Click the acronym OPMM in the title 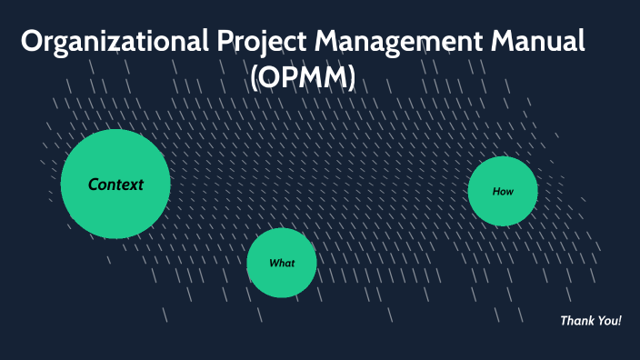point(302,78)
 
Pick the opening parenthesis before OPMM point(255,79)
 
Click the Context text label point(115,185)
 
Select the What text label point(282,264)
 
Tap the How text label point(503,192)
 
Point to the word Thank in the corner point(577,321)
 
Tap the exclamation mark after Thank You point(620,321)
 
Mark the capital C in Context point(94,185)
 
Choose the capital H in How point(496,192)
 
